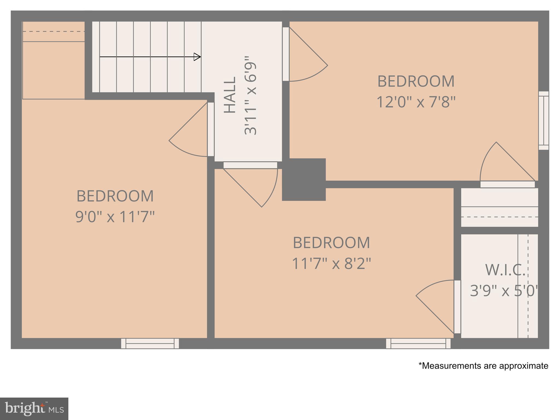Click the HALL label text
click(230, 95)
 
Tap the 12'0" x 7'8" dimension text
click(416, 102)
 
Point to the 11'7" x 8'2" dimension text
click(331, 264)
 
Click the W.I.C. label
click(505, 270)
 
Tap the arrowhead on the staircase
click(197, 57)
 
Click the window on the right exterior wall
click(544, 121)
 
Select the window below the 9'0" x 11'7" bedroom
click(150, 343)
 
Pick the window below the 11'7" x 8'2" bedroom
click(418, 343)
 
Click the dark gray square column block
click(304, 179)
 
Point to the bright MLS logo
click(34, 409)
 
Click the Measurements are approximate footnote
click(483, 366)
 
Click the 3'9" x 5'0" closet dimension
click(504, 291)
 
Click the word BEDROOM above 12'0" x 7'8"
click(416, 81)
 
